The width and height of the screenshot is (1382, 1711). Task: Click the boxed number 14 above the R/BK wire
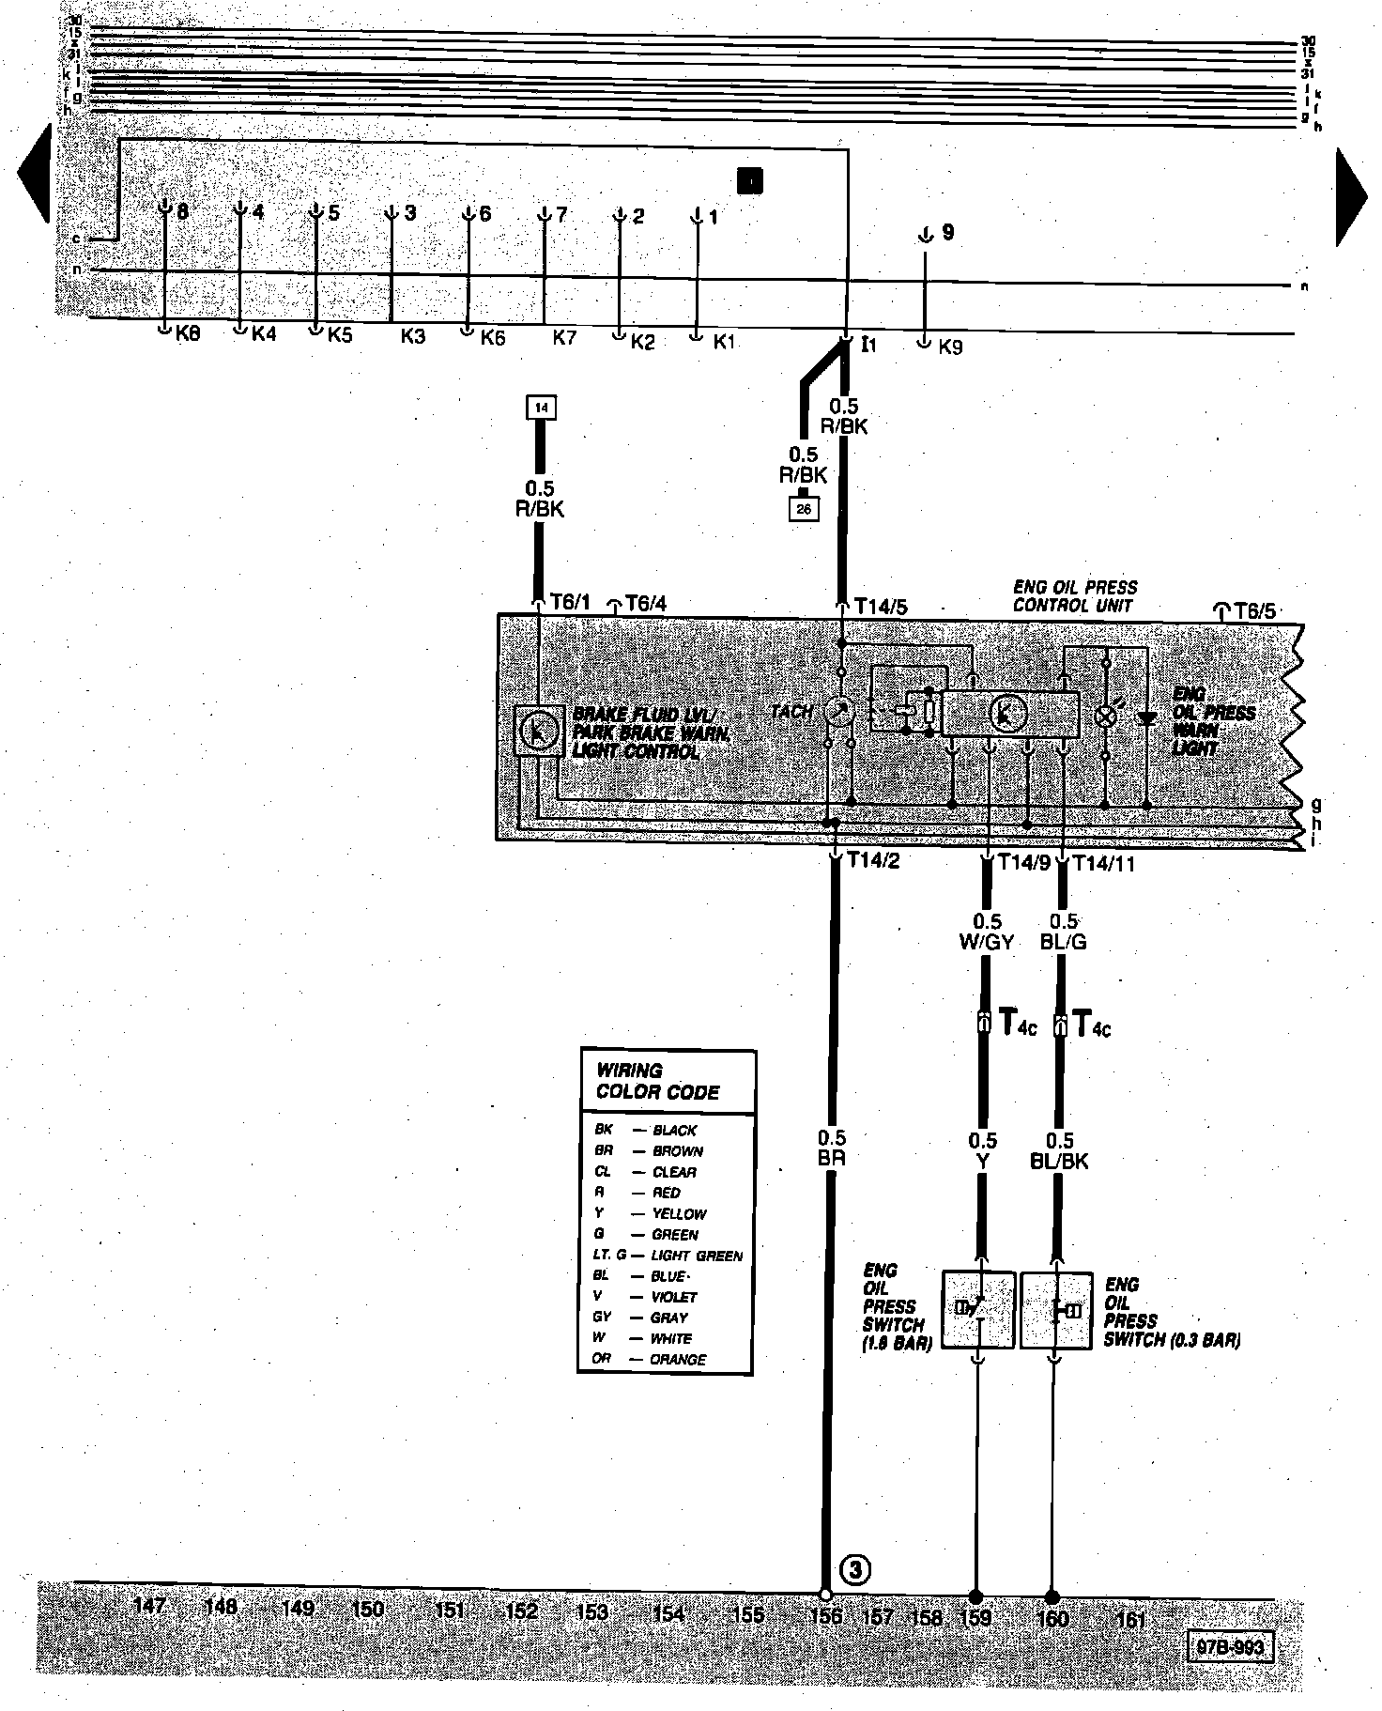click(x=541, y=408)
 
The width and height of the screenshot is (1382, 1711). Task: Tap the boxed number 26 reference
click(x=805, y=509)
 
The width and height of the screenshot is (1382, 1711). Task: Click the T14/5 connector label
click(x=881, y=607)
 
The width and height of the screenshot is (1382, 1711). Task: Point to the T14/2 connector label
click(x=873, y=860)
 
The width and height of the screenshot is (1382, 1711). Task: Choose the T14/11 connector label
click(x=1103, y=863)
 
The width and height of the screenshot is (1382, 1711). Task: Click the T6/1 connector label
click(x=570, y=603)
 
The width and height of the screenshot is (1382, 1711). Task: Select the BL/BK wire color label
click(x=1059, y=1162)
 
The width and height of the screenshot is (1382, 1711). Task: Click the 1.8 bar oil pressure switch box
click(x=978, y=1310)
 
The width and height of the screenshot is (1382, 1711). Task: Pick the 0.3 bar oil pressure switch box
click(x=1056, y=1310)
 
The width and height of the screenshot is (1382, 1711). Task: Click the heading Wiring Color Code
click(x=658, y=1082)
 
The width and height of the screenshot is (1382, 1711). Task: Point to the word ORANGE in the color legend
click(x=679, y=1359)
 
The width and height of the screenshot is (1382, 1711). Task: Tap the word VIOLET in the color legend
click(x=674, y=1297)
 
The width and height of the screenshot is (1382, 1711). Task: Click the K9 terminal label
click(x=950, y=347)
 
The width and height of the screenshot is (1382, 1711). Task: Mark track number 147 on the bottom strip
click(x=150, y=1607)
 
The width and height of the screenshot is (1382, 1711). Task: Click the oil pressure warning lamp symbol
click(x=1106, y=717)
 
